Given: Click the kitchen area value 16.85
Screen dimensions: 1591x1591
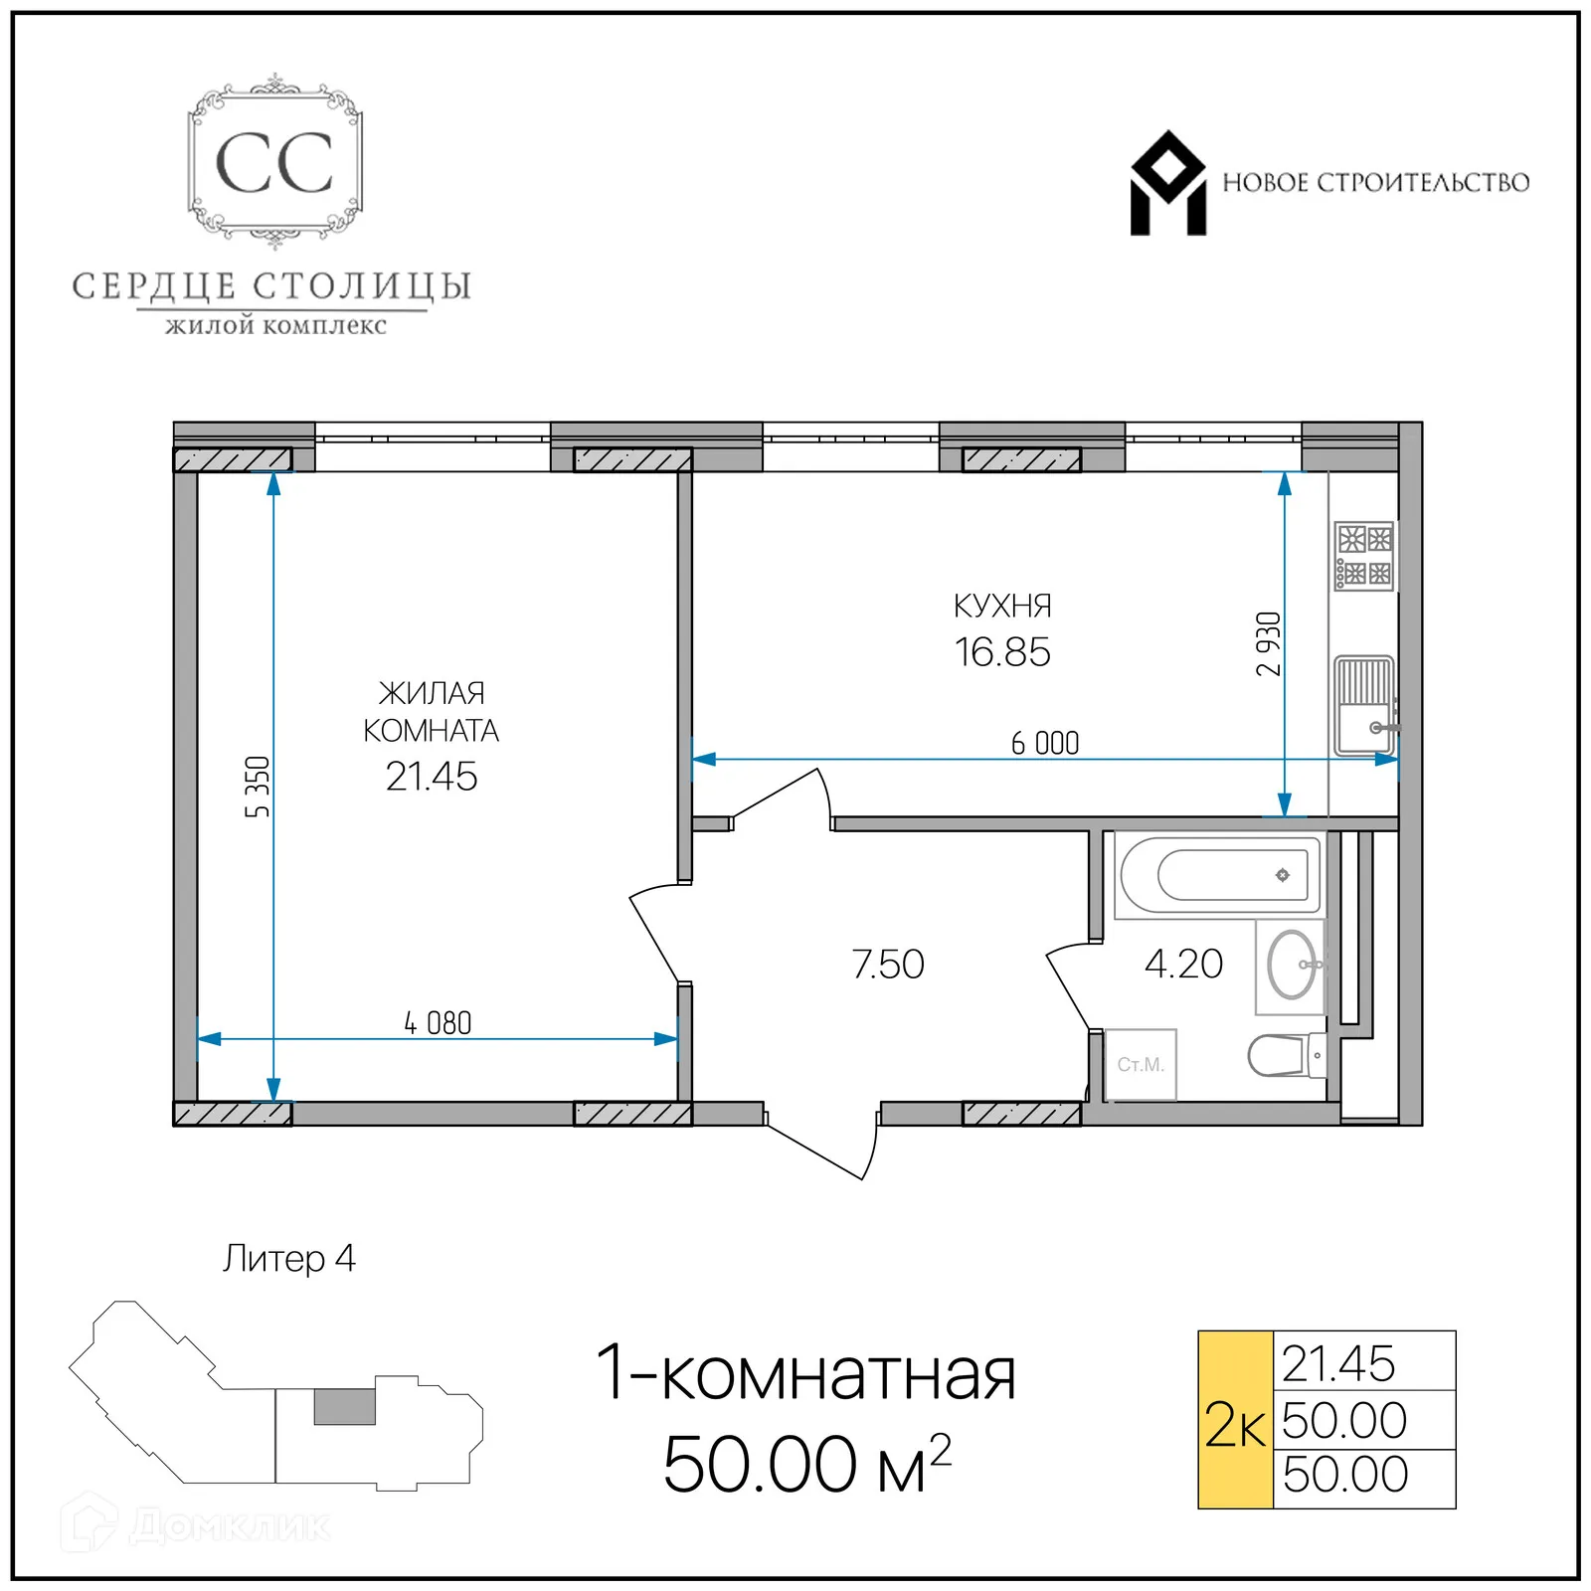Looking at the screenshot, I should point(1001,652).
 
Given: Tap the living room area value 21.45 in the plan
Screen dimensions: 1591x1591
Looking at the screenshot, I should point(431,777).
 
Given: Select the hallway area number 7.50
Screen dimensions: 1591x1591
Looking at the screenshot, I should point(887,964).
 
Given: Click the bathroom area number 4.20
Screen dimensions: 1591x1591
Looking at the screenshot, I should point(1182,964).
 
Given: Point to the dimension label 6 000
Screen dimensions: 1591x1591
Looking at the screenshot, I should point(1044,743).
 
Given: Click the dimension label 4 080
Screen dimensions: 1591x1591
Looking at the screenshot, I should point(438,1022).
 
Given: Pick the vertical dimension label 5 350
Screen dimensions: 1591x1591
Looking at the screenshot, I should point(258,787).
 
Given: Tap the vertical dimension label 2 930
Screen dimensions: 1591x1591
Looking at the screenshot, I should point(1268,643).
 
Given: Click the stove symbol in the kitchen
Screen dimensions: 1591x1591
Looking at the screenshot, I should point(1364,556).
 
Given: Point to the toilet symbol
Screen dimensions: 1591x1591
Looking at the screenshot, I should point(1284,1055).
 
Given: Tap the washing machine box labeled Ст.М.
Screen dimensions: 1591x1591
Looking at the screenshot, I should point(1140,1064).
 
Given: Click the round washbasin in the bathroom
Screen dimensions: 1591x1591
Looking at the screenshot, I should point(1291,965).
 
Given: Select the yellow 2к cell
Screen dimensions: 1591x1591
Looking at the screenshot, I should point(1235,1419).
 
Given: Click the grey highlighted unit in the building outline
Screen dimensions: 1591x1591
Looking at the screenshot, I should point(344,1406).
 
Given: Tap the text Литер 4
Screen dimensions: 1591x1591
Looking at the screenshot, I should point(288,1258).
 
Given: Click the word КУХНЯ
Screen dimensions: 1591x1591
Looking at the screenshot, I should point(1001,606).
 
